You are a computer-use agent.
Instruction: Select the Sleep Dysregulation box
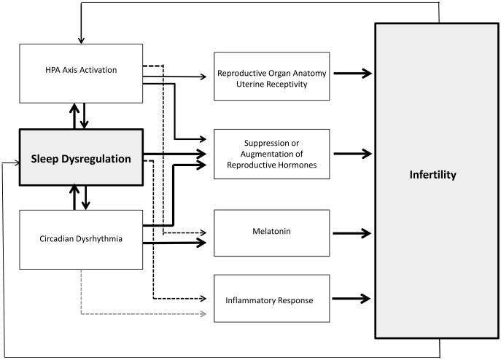tap(79, 158)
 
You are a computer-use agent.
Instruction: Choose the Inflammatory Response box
tap(271, 299)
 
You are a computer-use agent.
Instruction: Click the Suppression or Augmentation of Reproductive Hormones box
tap(271, 154)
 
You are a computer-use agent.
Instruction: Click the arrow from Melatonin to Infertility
tap(352, 234)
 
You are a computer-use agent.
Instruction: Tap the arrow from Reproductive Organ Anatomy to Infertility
tap(352, 74)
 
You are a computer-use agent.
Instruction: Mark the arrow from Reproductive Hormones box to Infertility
tap(352, 154)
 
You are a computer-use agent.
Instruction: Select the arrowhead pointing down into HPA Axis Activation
tap(80, 37)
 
